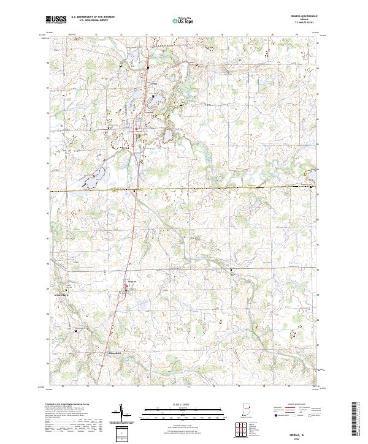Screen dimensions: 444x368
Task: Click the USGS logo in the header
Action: click(56, 20)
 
